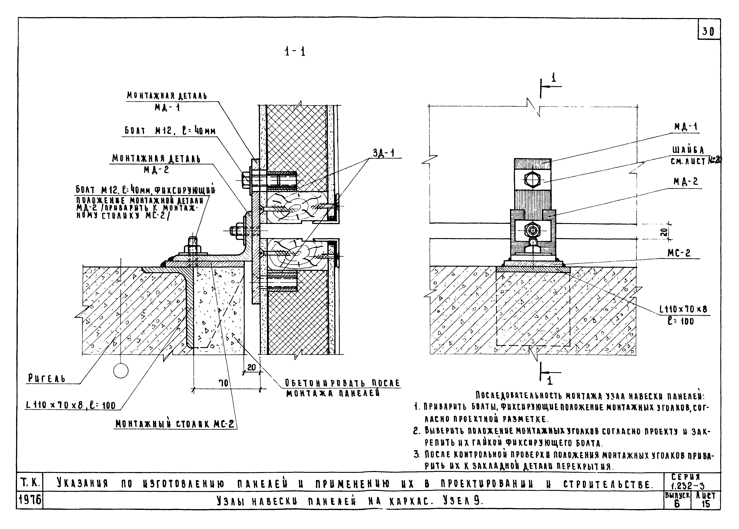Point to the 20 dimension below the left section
(251, 367)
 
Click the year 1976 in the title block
(29, 500)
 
